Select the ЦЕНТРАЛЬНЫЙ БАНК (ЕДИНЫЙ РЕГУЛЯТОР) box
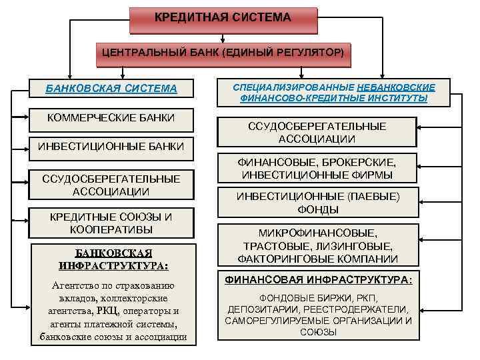[x=223, y=52]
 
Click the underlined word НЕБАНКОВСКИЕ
[x=396, y=87]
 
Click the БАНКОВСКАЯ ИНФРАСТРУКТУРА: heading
[x=113, y=259]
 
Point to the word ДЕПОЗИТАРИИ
[x=261, y=309]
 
